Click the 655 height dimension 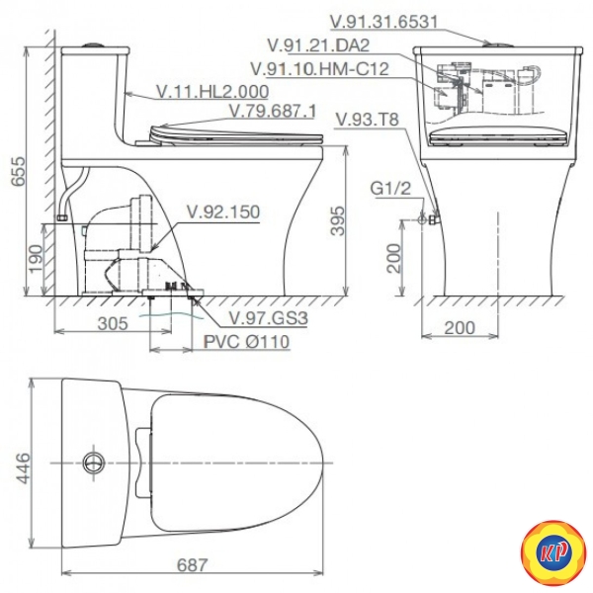pos(18,171)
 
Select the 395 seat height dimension pos(337,220)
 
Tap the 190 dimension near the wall pos(37,259)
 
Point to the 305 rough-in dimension pos(113,324)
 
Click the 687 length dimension pos(192,565)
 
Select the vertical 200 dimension pos(393,258)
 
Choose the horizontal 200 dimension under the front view pos(460,328)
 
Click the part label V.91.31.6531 pos(383,22)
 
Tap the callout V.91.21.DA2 pos(318,45)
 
